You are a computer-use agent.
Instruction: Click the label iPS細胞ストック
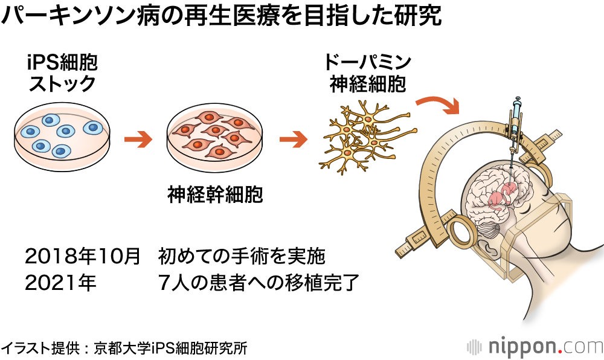(x=62, y=73)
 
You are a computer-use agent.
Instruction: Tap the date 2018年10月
(x=82, y=256)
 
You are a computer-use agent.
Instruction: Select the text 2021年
(x=60, y=283)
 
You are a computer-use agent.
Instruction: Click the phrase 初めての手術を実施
(x=242, y=256)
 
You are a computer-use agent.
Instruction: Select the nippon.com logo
(x=535, y=346)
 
